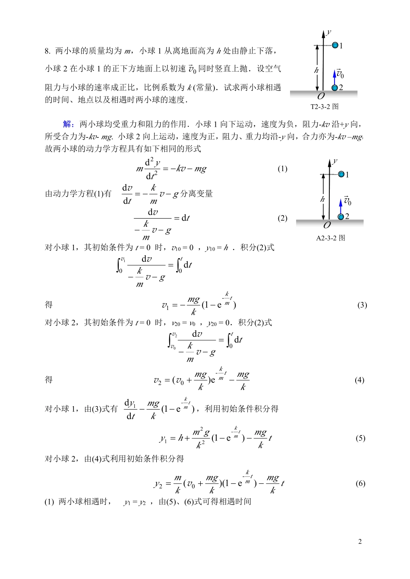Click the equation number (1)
282,169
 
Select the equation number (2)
282,218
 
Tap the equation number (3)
362,305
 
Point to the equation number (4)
360,380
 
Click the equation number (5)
360,438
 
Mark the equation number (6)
360,483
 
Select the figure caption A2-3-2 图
331,238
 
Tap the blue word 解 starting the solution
68,125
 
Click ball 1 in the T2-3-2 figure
335,45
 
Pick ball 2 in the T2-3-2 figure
334,88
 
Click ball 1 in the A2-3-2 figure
341,174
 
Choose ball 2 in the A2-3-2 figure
341,216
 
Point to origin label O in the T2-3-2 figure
321,96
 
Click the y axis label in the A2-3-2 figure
335,161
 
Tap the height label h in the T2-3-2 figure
316,70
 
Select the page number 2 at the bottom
360,541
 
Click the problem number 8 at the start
47,51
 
